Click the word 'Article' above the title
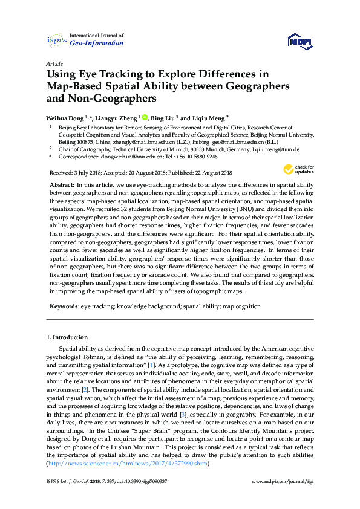[54, 63]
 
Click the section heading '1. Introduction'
[67, 337]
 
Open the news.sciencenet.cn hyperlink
[131, 464]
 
